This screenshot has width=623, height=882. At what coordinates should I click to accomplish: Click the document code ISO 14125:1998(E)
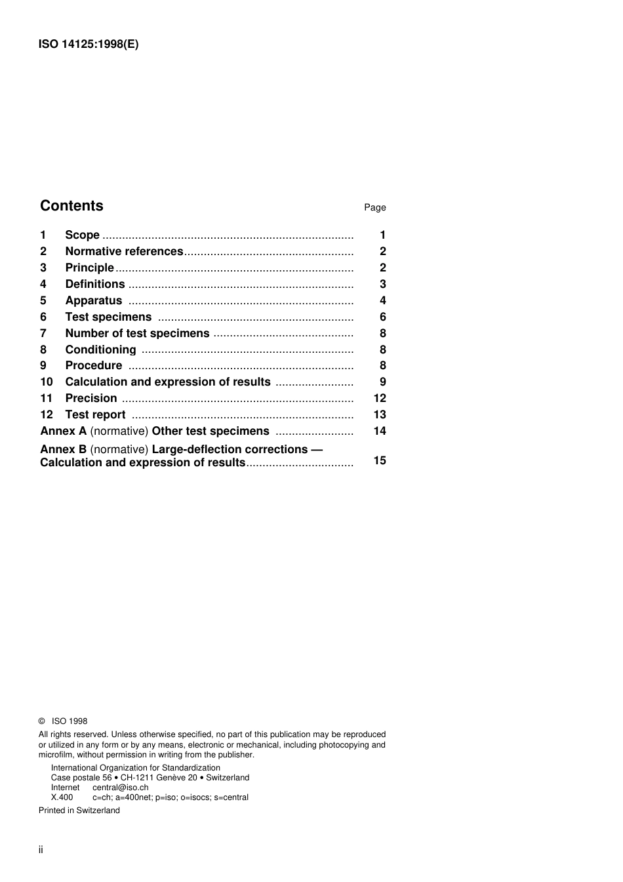(x=89, y=45)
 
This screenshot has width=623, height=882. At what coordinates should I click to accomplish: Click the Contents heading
(x=71, y=206)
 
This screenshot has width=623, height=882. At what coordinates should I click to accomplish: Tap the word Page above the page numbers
(x=374, y=207)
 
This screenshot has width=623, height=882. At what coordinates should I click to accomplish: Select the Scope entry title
(x=82, y=235)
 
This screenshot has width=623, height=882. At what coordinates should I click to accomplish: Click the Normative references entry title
(x=124, y=251)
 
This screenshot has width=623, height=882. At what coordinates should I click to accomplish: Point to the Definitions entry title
(x=94, y=284)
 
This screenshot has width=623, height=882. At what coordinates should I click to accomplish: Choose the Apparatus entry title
(x=93, y=300)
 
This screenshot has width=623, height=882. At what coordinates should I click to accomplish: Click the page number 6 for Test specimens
(x=382, y=317)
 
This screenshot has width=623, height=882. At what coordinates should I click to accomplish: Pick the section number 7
(x=43, y=333)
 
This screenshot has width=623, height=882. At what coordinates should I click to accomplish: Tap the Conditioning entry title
(x=100, y=350)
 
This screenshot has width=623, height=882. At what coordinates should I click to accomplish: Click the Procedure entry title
(x=93, y=365)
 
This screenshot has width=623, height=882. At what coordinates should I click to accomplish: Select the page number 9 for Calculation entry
(x=382, y=382)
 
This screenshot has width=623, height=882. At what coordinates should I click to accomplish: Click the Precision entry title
(x=90, y=398)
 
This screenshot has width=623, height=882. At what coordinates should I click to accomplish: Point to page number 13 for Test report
(x=379, y=414)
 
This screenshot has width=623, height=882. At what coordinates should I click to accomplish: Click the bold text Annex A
(x=63, y=431)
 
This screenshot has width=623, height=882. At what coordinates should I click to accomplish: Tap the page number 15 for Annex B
(x=379, y=460)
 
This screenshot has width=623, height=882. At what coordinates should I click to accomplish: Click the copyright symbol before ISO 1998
(x=42, y=721)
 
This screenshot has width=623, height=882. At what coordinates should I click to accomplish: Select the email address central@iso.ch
(x=120, y=788)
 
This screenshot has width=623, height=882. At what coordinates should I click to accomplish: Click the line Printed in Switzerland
(x=79, y=811)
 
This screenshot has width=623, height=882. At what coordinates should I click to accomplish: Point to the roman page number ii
(x=41, y=850)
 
